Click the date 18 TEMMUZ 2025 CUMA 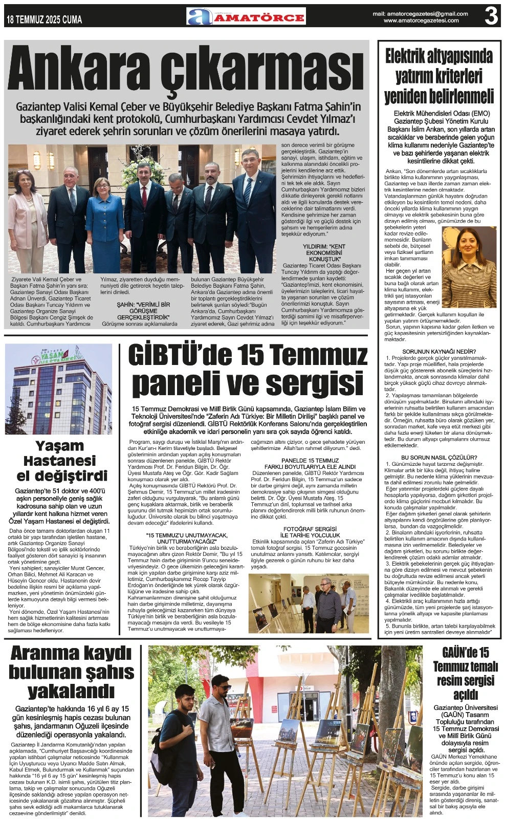pyautogui.click(x=45, y=20)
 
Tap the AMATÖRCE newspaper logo pyautogui.click(x=246, y=17)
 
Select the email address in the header pyautogui.click(x=420, y=14)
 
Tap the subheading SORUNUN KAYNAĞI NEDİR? pyautogui.click(x=439, y=352)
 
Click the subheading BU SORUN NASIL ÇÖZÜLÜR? pyautogui.click(x=439, y=457)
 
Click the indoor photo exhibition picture pyautogui.click(x=309, y=604)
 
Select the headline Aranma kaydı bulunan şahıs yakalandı pyautogui.click(x=72, y=672)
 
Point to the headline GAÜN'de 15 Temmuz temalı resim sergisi pyautogui.click(x=465, y=673)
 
